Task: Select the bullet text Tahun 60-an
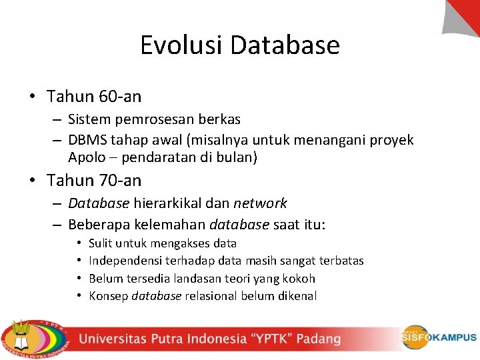coord(94,97)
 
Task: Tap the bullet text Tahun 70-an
coord(94,181)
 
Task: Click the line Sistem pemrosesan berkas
coord(154,119)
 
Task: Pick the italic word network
coord(260,203)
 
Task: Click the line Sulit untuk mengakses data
coord(163,244)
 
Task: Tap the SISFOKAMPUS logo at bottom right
coord(439,338)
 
